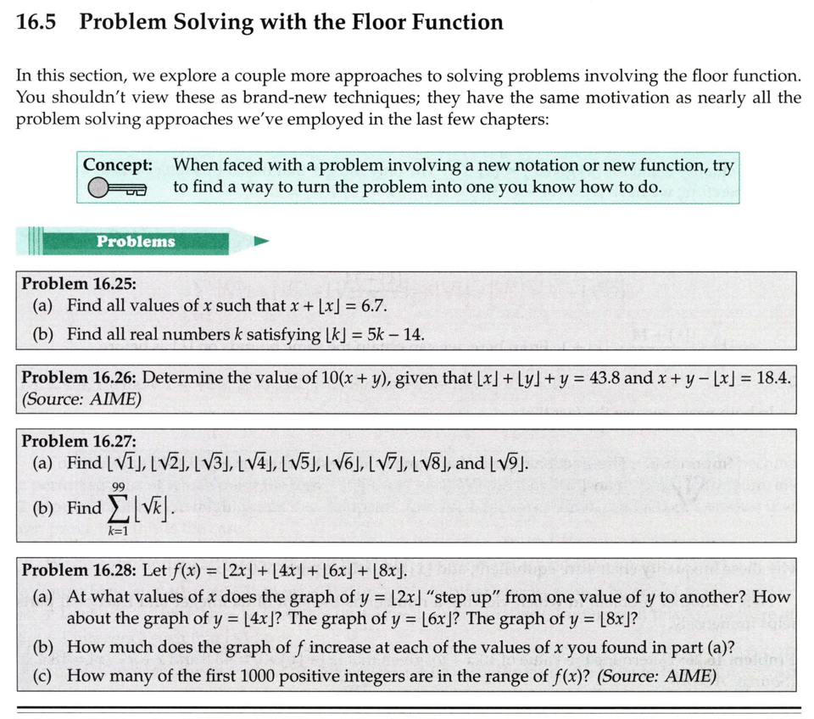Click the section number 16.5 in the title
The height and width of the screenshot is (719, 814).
click(36, 23)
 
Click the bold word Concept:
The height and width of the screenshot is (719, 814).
click(118, 164)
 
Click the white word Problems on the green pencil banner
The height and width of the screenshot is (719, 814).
click(136, 242)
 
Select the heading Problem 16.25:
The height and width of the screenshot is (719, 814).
click(79, 283)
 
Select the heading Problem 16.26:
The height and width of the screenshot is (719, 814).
click(79, 377)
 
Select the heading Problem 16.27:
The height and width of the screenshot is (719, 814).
click(79, 441)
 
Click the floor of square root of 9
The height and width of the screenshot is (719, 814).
click(510, 464)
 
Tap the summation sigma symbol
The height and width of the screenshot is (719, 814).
click(117, 509)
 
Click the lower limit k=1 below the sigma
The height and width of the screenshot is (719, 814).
click(117, 532)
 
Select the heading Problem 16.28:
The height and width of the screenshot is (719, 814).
click(79, 570)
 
